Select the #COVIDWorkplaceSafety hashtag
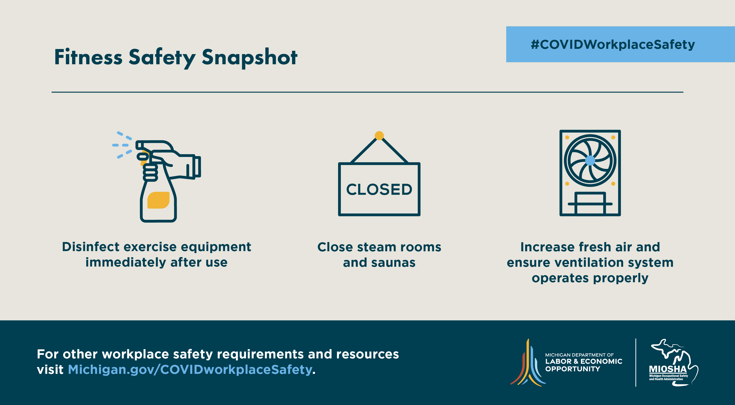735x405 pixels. coord(613,45)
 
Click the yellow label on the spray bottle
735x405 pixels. coord(158,200)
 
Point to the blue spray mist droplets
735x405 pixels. coord(122,145)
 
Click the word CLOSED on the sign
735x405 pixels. coord(379,189)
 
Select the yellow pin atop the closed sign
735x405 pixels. coord(379,135)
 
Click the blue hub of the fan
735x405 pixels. coord(590,160)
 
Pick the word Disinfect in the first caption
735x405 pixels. coord(91,247)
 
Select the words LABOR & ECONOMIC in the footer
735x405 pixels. coord(584,361)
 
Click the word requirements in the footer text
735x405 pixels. coord(261,354)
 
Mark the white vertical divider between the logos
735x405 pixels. coord(636,363)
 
